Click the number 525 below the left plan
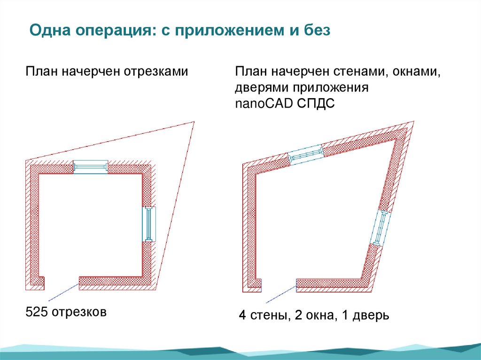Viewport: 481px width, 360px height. [x=37, y=311]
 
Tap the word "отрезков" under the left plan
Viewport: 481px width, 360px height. [x=79, y=311]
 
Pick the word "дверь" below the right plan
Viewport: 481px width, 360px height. [x=371, y=315]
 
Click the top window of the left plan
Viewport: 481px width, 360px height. [x=91, y=167]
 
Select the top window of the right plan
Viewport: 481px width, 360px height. [x=306, y=153]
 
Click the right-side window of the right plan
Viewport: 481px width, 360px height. [x=380, y=228]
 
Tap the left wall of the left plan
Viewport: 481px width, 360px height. [x=33, y=221]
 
